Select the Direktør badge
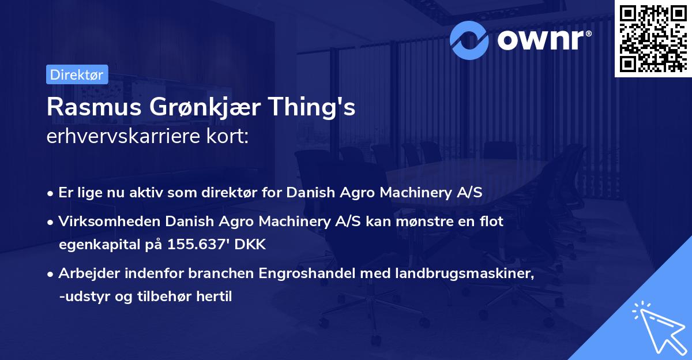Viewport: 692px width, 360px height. click(x=76, y=74)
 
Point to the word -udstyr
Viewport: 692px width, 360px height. click(x=84, y=297)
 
